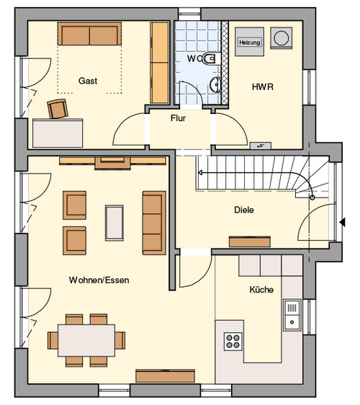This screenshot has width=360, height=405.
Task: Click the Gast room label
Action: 88,81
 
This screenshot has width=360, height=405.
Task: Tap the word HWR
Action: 263,86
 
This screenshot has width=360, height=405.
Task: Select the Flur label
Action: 178,118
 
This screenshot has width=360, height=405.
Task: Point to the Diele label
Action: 244,210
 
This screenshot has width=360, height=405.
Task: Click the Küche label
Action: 261,290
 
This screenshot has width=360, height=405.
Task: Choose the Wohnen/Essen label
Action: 99,280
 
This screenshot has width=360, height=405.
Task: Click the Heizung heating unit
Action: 249,42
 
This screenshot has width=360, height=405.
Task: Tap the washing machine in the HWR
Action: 282,38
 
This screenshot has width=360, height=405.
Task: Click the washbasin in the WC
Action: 215,84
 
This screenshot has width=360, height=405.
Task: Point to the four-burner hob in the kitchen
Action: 233,342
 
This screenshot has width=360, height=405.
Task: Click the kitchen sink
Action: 292,315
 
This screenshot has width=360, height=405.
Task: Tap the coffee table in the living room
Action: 114,223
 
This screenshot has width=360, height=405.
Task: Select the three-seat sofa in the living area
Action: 154,223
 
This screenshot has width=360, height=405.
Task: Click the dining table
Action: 86,340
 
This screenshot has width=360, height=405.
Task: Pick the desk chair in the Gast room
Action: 58,109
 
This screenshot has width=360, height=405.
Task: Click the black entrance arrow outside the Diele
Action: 342,222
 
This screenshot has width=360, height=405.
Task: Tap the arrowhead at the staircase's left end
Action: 200,172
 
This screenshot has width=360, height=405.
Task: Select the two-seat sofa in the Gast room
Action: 89,34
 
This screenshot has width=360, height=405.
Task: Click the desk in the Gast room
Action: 58,133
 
